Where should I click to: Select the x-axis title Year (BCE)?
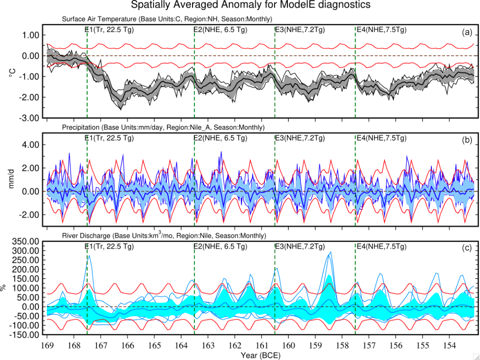(260, 355)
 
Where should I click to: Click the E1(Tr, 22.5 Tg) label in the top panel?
(109, 30)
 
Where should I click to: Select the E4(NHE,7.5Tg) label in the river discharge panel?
(381, 247)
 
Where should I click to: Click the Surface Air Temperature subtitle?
(167, 19)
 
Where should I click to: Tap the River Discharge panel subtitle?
(163, 236)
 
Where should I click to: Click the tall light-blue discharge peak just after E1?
(89, 257)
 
